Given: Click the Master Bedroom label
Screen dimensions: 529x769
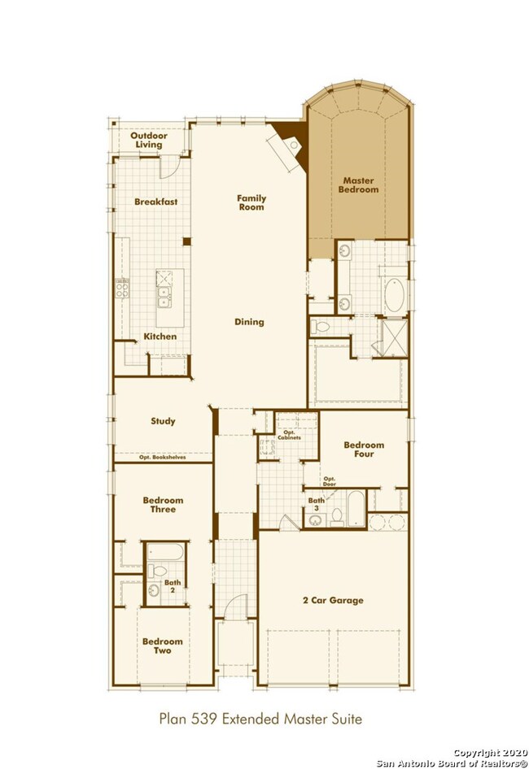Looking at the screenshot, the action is point(358,185).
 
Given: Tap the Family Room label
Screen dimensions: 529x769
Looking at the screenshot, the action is point(251,202).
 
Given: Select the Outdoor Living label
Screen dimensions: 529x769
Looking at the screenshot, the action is point(149,140).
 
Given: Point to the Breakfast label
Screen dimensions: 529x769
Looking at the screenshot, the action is point(155,202).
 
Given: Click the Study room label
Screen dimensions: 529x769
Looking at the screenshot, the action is point(163,421).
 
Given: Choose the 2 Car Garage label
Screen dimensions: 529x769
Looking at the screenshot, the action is point(333,600).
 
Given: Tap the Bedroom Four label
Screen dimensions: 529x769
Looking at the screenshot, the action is point(364,450).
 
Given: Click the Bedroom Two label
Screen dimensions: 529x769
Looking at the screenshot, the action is point(163,645).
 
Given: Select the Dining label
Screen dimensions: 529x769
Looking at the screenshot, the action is point(249,322).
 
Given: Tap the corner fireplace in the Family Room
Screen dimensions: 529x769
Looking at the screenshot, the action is point(289,146).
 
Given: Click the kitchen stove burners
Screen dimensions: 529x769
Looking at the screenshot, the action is point(122,289).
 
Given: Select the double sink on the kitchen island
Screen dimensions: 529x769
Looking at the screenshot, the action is point(164,298).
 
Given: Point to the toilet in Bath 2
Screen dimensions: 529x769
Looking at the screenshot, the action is point(158,571).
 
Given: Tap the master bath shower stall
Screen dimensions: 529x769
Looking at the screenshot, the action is point(395,337).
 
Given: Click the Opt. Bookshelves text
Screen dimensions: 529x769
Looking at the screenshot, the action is point(163,458).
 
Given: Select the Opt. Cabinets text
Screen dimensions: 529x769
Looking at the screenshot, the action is point(289,435).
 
